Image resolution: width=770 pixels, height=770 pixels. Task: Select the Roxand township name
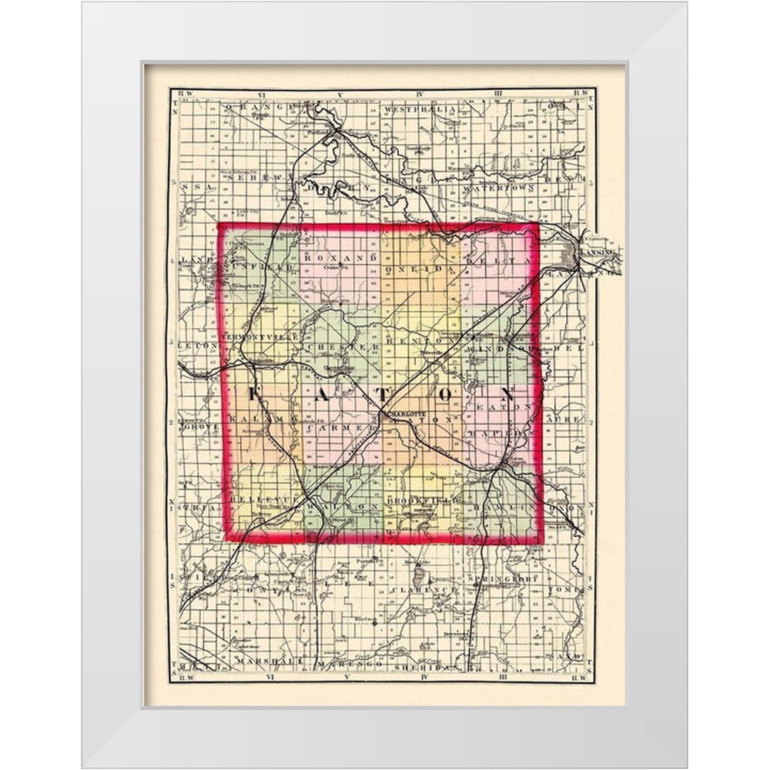coord(332,259)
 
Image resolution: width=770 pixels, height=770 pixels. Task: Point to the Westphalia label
coord(420,111)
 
